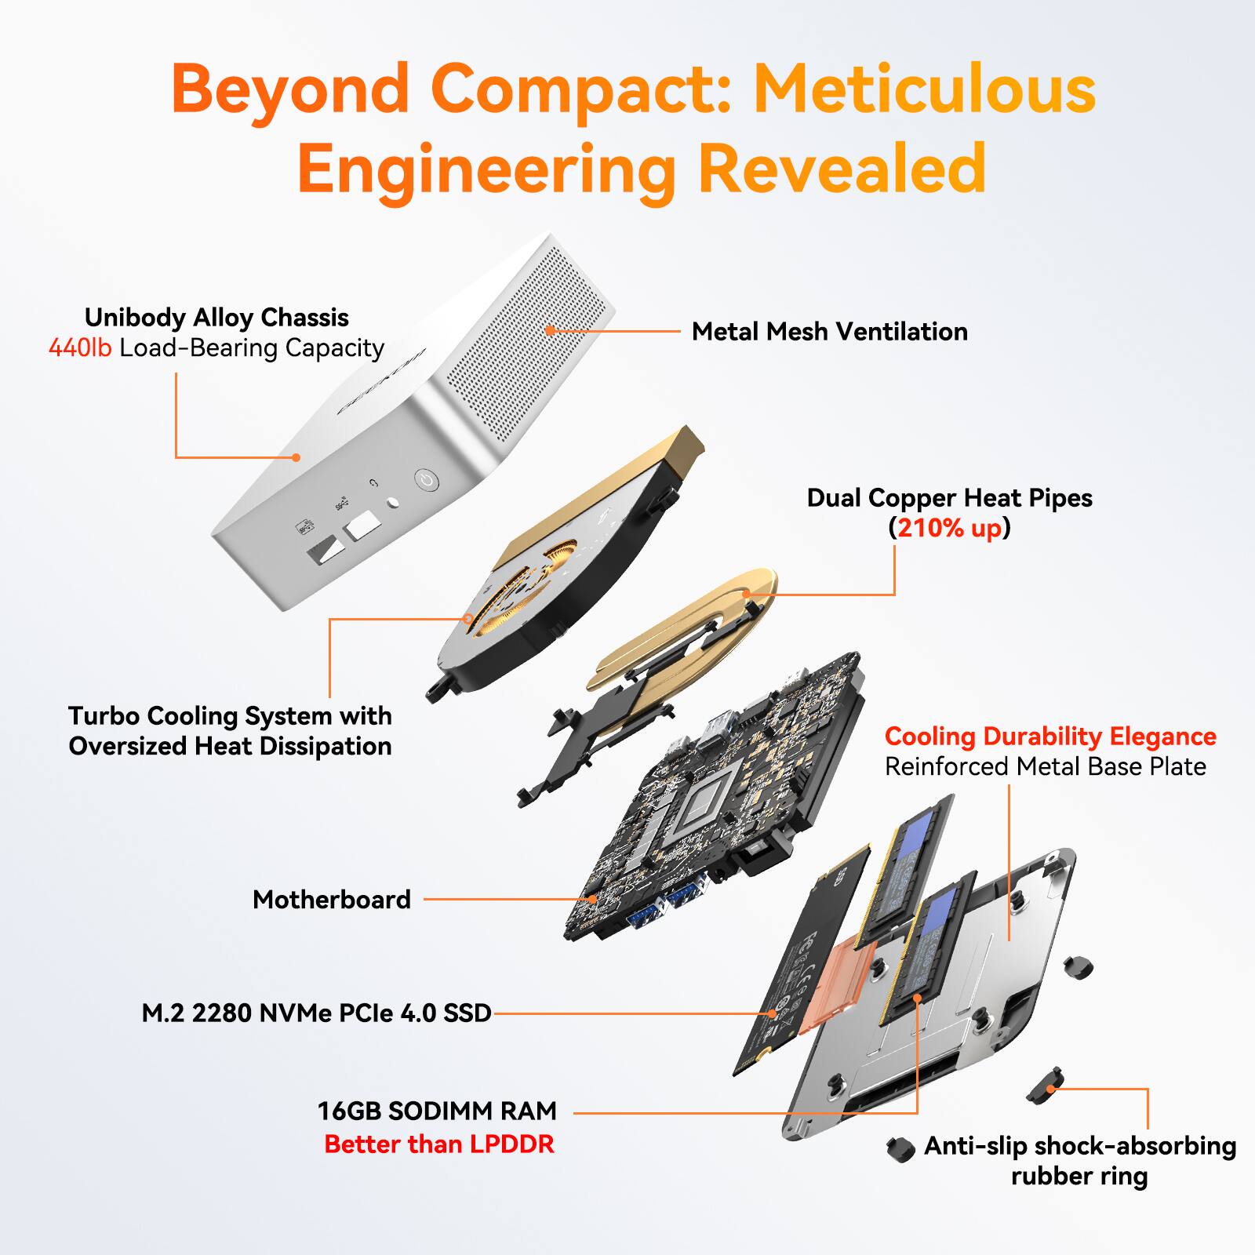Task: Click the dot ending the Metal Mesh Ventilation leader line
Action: [550, 330]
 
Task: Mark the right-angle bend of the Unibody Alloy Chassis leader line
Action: [176, 457]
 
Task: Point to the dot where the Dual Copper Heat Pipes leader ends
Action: [747, 595]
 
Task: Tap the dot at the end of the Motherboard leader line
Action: [593, 899]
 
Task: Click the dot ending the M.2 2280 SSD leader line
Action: [773, 1013]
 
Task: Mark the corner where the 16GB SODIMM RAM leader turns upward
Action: [918, 1112]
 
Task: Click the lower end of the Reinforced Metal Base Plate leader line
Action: [1009, 939]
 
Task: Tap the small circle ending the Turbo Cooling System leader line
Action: [467, 619]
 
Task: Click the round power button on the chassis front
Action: [426, 480]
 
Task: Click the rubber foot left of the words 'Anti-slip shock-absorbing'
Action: [900, 1148]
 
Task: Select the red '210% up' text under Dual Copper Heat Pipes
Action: [949, 528]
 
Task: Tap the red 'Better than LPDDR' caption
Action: [439, 1144]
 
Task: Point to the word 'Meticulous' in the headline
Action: [925, 89]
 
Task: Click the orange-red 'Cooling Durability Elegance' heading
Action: [1050, 736]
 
